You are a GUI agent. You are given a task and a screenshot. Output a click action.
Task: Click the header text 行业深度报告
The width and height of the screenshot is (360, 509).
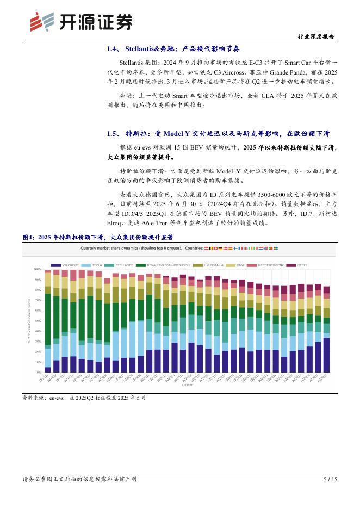pos(317,36)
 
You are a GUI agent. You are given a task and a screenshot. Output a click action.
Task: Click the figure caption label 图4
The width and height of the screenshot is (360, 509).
pos(28,238)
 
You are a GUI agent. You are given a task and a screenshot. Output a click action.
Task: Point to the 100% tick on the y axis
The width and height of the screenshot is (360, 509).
pos(38,269)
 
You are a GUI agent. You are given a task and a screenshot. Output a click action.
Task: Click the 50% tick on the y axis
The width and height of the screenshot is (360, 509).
pos(38,321)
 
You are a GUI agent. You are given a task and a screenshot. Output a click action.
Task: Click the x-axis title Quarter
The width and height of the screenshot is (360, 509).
pos(187,384)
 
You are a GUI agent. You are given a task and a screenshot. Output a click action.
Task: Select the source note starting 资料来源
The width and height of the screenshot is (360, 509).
pos(84,398)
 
